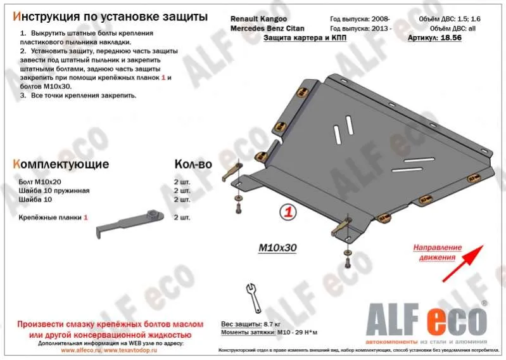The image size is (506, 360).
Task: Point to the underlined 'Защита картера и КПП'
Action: pos(305,38)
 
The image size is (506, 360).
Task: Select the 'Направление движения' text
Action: pos(436,252)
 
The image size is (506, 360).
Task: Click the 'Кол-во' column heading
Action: pos(193,164)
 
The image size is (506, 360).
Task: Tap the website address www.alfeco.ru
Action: pos(81,350)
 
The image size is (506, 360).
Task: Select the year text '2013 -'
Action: pos(381,29)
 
